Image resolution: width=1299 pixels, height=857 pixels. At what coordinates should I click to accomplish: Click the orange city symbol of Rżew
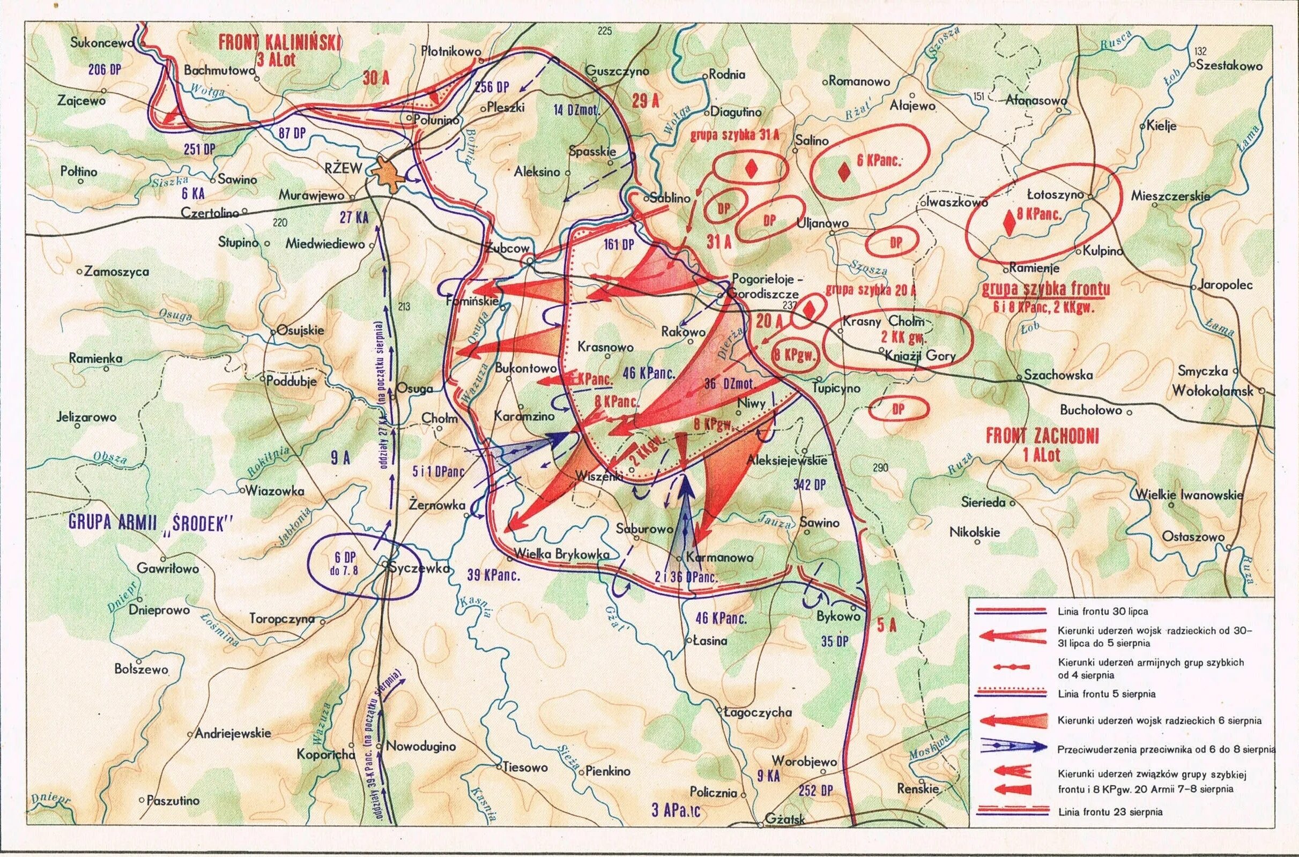tap(387, 174)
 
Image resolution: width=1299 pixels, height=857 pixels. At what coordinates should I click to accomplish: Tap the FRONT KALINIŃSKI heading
tap(279, 43)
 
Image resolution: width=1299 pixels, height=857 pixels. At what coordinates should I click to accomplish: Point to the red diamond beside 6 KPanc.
tap(845, 172)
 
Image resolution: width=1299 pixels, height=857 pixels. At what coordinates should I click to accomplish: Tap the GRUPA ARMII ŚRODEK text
tap(151, 523)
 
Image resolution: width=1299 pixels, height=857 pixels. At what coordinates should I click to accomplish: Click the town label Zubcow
tap(508, 248)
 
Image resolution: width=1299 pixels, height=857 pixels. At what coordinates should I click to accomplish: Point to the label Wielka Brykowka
tap(562, 554)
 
